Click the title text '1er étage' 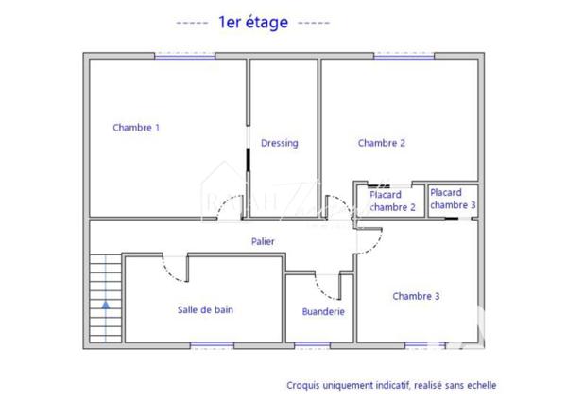click(x=253, y=23)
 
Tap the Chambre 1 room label click(x=136, y=128)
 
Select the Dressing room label click(x=280, y=143)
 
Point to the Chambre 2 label click(x=382, y=143)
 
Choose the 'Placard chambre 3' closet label click(x=453, y=199)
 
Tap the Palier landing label click(x=263, y=242)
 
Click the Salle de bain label click(x=205, y=309)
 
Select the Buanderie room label click(x=323, y=311)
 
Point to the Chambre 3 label click(x=416, y=296)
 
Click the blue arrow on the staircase click(x=105, y=306)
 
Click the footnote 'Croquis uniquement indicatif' click(x=391, y=386)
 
